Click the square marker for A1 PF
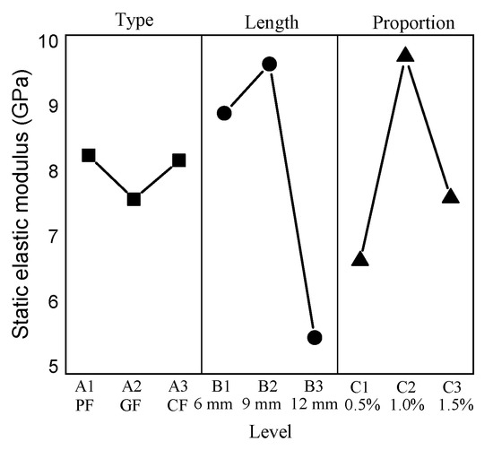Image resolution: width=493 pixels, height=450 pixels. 88,155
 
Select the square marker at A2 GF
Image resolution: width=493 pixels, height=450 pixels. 134,199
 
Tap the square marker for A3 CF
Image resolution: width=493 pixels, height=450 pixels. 179,160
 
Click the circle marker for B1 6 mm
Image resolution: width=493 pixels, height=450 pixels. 224,113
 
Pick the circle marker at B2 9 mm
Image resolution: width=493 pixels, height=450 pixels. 269,64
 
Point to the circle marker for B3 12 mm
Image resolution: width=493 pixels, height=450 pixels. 315,337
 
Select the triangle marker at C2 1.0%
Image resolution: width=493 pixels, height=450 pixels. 405,56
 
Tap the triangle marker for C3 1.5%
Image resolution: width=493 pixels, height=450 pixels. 450,196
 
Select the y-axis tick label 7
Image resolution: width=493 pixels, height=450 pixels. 53,237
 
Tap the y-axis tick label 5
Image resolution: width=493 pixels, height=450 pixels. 53,368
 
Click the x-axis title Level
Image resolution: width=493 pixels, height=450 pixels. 269,432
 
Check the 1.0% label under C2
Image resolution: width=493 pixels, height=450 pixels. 405,403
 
